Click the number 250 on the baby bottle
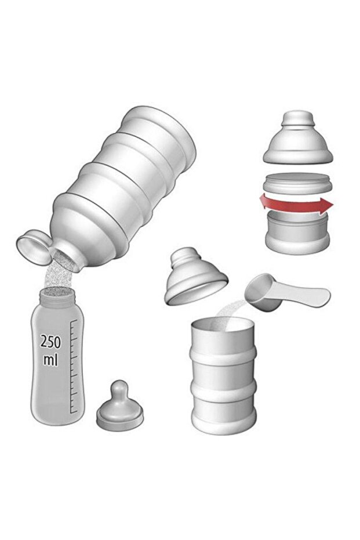pos(50,342)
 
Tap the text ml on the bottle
pos(50,360)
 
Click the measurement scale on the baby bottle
pos(74,366)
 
